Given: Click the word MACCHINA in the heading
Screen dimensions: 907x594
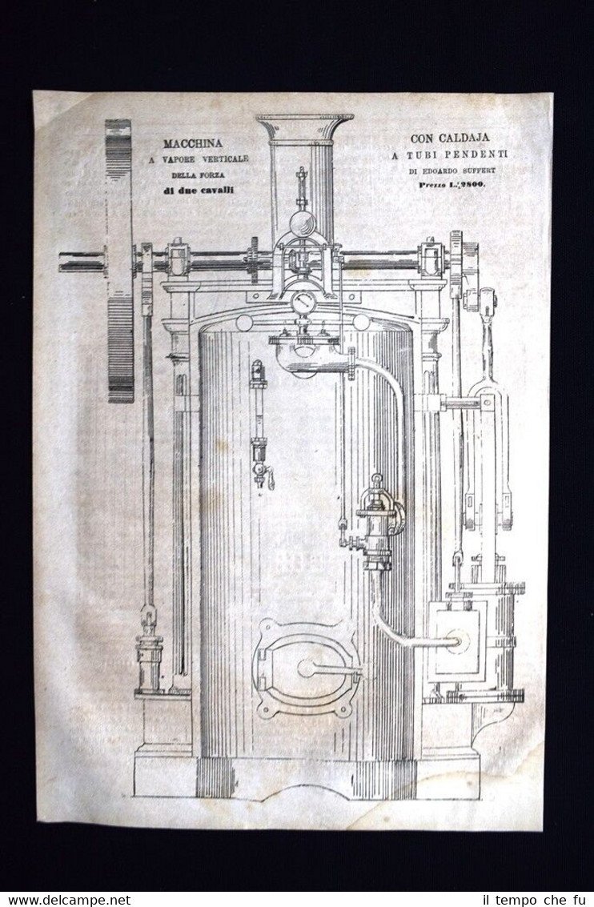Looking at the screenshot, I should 193,144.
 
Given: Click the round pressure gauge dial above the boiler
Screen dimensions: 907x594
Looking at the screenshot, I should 303,303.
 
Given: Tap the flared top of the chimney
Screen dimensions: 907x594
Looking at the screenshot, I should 304,126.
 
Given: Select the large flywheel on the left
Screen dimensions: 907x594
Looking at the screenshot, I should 119,260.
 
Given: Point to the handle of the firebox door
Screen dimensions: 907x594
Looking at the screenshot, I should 328,667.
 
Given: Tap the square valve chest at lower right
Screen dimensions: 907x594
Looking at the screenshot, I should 456,640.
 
